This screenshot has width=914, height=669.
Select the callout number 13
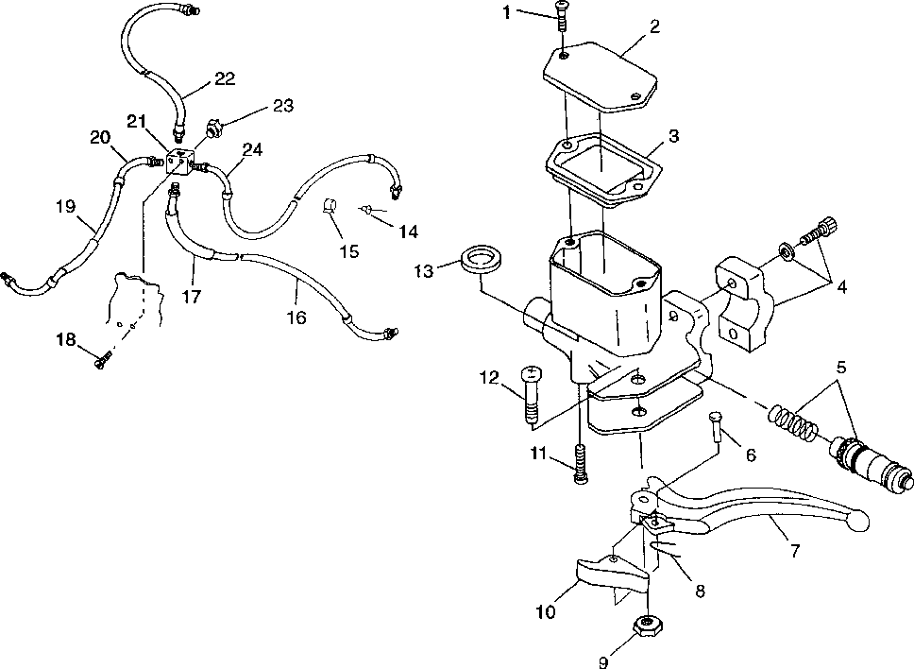point(425,272)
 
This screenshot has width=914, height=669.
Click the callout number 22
point(224,78)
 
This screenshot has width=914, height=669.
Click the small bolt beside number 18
point(102,360)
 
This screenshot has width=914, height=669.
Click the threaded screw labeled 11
point(578,462)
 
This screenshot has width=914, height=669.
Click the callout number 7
point(794,552)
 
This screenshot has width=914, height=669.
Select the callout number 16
point(296,318)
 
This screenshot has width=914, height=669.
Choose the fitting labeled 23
point(214,127)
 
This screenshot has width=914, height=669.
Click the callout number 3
point(673,136)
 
